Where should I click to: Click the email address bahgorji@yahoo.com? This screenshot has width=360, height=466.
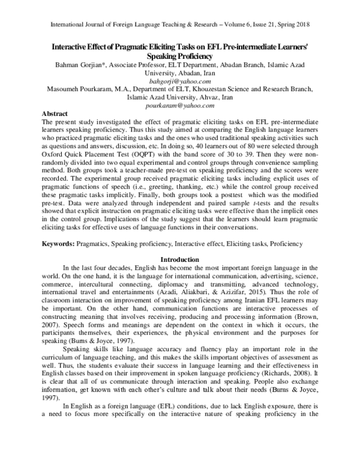(x=180, y=80)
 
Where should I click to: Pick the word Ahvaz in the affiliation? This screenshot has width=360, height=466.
(x=209, y=97)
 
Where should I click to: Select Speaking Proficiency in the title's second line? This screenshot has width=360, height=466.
(x=180, y=55)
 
